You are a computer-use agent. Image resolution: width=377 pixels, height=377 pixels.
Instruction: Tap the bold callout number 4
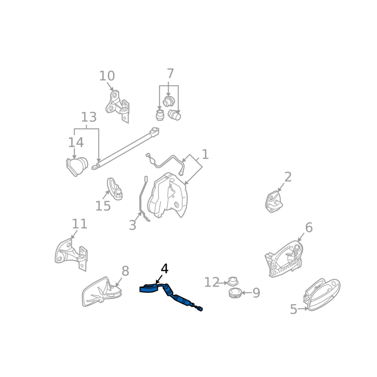tap(164, 269)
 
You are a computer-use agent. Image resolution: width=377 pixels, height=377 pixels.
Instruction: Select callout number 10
tap(107, 76)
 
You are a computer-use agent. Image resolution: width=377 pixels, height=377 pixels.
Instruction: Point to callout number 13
tap(89, 117)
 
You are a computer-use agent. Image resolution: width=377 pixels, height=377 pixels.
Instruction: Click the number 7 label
tap(170, 74)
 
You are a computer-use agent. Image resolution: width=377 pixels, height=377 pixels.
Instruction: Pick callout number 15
tap(103, 206)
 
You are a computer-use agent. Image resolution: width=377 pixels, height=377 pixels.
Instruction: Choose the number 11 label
tap(80, 224)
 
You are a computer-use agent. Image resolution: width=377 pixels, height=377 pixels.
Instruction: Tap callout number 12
tap(212, 282)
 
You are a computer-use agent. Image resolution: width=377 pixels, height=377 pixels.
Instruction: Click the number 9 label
tap(256, 293)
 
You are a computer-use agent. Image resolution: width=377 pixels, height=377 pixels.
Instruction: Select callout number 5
tap(294, 309)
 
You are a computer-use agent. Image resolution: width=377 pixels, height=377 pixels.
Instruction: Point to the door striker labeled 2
tap(274, 202)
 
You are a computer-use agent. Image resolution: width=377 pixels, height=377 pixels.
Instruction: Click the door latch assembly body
tap(167, 195)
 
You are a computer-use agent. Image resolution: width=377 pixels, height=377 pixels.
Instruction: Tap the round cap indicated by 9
tap(235, 293)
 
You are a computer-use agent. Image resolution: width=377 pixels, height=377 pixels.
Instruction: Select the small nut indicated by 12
tap(232, 281)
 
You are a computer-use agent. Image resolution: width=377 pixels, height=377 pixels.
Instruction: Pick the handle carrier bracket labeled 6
tap(284, 259)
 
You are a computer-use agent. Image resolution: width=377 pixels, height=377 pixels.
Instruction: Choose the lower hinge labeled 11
tap(72, 254)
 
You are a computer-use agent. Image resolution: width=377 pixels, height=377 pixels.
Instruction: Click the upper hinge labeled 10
tap(117, 106)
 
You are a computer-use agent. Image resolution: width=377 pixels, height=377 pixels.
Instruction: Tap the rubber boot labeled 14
tap(77, 166)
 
